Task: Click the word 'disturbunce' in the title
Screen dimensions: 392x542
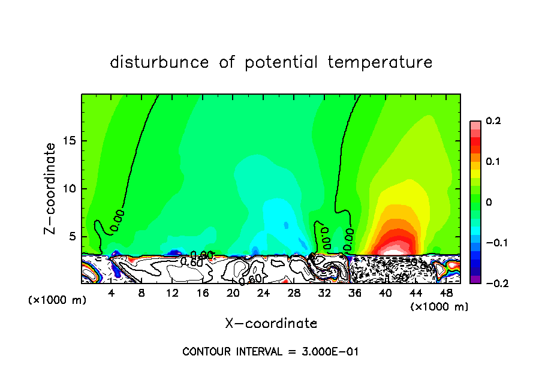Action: [159, 62]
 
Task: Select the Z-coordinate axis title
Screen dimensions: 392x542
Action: [51, 188]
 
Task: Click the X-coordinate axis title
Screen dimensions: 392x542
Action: [271, 324]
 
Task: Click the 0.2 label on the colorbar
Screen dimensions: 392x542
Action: [493, 121]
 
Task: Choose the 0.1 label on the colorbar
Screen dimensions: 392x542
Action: [493, 162]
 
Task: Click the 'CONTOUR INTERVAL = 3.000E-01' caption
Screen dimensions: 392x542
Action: [270, 351]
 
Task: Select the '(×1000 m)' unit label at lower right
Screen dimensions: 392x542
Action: [439, 307]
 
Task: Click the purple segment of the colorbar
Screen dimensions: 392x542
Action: [475, 279]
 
